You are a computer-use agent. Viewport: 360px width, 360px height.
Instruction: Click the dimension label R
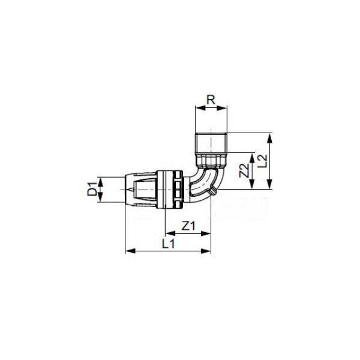[211, 100]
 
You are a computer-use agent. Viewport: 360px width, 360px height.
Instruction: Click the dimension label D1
[92, 188]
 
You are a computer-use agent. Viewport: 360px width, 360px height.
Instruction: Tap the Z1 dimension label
[188, 226]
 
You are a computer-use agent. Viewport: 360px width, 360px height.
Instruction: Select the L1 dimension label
[168, 244]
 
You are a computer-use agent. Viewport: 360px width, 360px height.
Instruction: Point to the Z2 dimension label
[244, 170]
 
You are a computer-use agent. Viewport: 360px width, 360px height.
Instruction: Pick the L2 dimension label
[262, 161]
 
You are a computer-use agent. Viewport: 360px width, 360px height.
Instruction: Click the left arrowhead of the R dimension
[200, 107]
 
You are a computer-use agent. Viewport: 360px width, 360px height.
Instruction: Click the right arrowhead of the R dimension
[223, 107]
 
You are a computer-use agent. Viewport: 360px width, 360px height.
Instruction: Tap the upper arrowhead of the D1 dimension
[100, 182]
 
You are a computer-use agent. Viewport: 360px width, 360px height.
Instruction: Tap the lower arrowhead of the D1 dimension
[100, 197]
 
